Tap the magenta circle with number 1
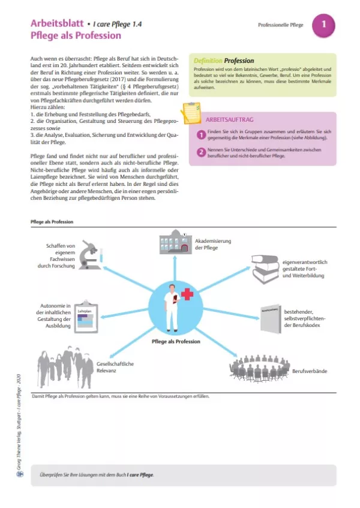coord(323,25)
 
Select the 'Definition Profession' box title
coord(224,61)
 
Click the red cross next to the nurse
coord(188,294)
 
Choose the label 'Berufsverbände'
coord(309,372)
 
